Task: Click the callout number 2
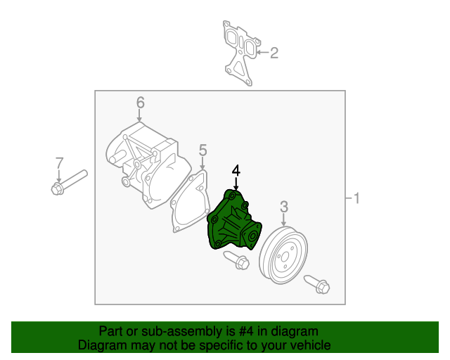tap(274, 52)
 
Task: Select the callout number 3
tap(284, 206)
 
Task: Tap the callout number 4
tap(236, 171)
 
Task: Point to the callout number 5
tap(202, 150)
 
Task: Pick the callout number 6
tap(140, 103)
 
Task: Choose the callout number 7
tap(59, 164)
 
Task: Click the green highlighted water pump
tap(232, 221)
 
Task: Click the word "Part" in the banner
tap(111, 331)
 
